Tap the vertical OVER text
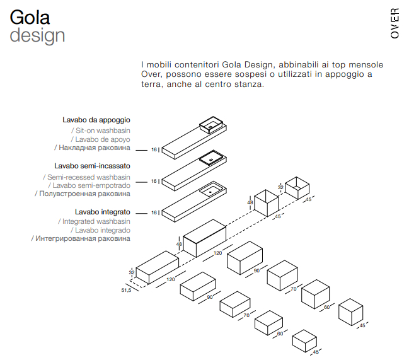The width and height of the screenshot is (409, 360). (x=395, y=24)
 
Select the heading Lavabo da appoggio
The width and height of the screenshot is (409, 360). (x=96, y=120)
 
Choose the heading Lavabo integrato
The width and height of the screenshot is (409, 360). (x=103, y=212)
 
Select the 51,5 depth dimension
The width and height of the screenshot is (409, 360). (x=126, y=291)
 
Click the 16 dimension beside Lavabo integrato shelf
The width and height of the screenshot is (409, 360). (x=154, y=212)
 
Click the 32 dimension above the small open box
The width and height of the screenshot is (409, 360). (x=280, y=187)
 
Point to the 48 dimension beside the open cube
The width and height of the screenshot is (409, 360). (x=250, y=203)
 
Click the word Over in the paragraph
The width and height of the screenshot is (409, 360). (x=152, y=74)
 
